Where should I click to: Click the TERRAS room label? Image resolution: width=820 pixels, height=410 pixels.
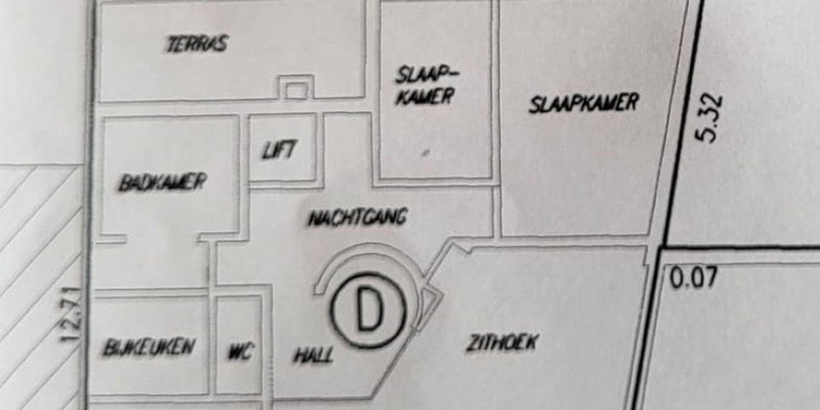point(197,44)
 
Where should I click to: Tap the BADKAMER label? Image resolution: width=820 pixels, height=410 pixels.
point(163,182)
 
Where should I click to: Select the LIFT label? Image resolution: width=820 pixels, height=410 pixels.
point(279,150)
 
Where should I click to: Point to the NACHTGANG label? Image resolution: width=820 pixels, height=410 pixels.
point(358,218)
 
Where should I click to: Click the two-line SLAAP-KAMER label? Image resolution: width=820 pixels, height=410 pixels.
point(426,87)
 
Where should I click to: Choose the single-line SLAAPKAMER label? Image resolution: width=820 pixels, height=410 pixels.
point(583,103)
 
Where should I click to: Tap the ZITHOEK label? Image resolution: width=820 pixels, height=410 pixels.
point(501,343)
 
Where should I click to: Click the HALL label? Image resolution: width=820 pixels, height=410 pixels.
point(313,354)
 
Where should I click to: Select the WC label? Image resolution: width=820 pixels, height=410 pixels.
point(240,353)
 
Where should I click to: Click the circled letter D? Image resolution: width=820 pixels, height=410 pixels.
point(368,310)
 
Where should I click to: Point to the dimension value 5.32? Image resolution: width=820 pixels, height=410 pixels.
point(709,119)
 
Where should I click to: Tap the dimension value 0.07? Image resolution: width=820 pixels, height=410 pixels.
point(693,278)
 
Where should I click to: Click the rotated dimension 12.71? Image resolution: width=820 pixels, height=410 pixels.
point(70,315)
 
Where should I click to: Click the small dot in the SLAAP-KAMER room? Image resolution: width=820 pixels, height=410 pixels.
point(425,153)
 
